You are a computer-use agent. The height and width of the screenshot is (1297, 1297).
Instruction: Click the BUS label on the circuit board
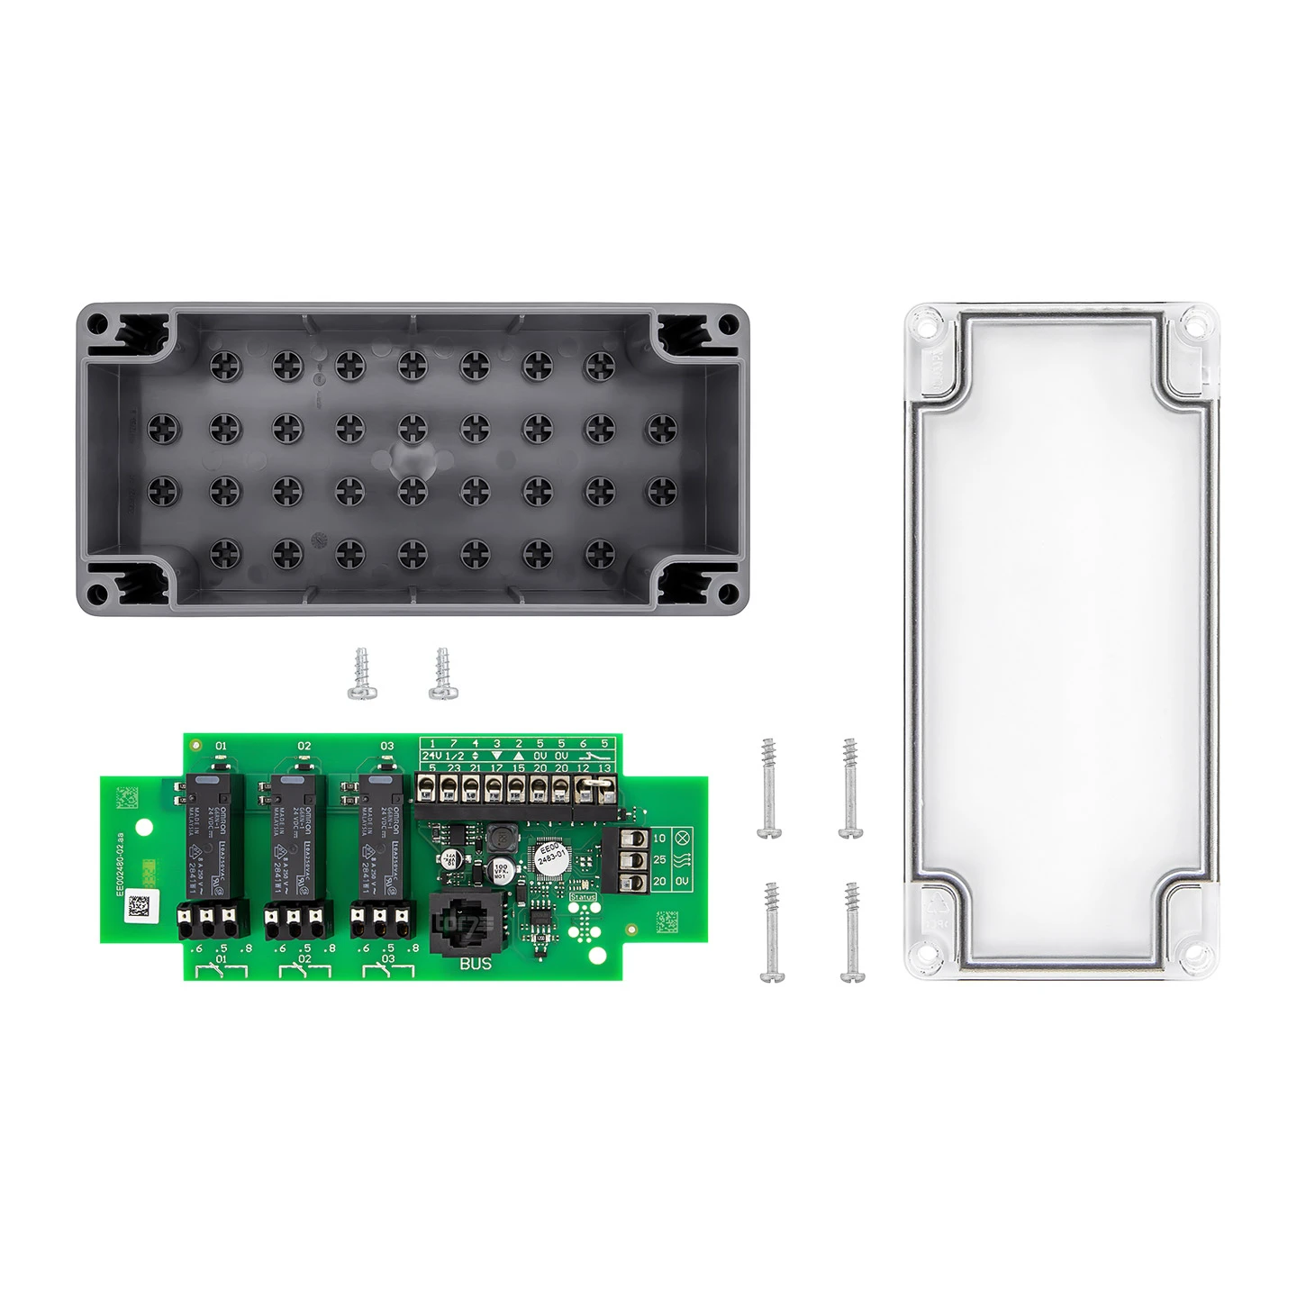tap(476, 963)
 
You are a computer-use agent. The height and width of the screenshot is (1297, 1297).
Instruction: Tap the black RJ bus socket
tap(462, 923)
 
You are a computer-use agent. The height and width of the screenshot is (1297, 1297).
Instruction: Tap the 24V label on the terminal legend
tap(431, 756)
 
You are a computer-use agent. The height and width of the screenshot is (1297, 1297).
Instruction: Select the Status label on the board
tap(583, 897)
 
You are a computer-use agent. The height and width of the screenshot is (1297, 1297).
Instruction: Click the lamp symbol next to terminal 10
tap(682, 838)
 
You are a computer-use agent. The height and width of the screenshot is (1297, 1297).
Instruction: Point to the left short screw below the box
tap(362, 673)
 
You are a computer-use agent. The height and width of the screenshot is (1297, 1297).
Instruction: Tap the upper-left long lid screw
tap(769, 788)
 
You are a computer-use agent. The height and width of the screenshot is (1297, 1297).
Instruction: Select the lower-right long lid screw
tap(852, 931)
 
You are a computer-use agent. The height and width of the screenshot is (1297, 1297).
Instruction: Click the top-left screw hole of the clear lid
tap(924, 322)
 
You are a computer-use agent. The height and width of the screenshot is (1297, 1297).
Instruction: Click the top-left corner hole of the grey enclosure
tap(98, 322)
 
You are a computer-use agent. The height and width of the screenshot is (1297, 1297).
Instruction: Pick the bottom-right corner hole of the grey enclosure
tap(727, 594)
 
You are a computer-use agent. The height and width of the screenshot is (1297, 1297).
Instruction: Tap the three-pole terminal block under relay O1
tap(213, 921)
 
